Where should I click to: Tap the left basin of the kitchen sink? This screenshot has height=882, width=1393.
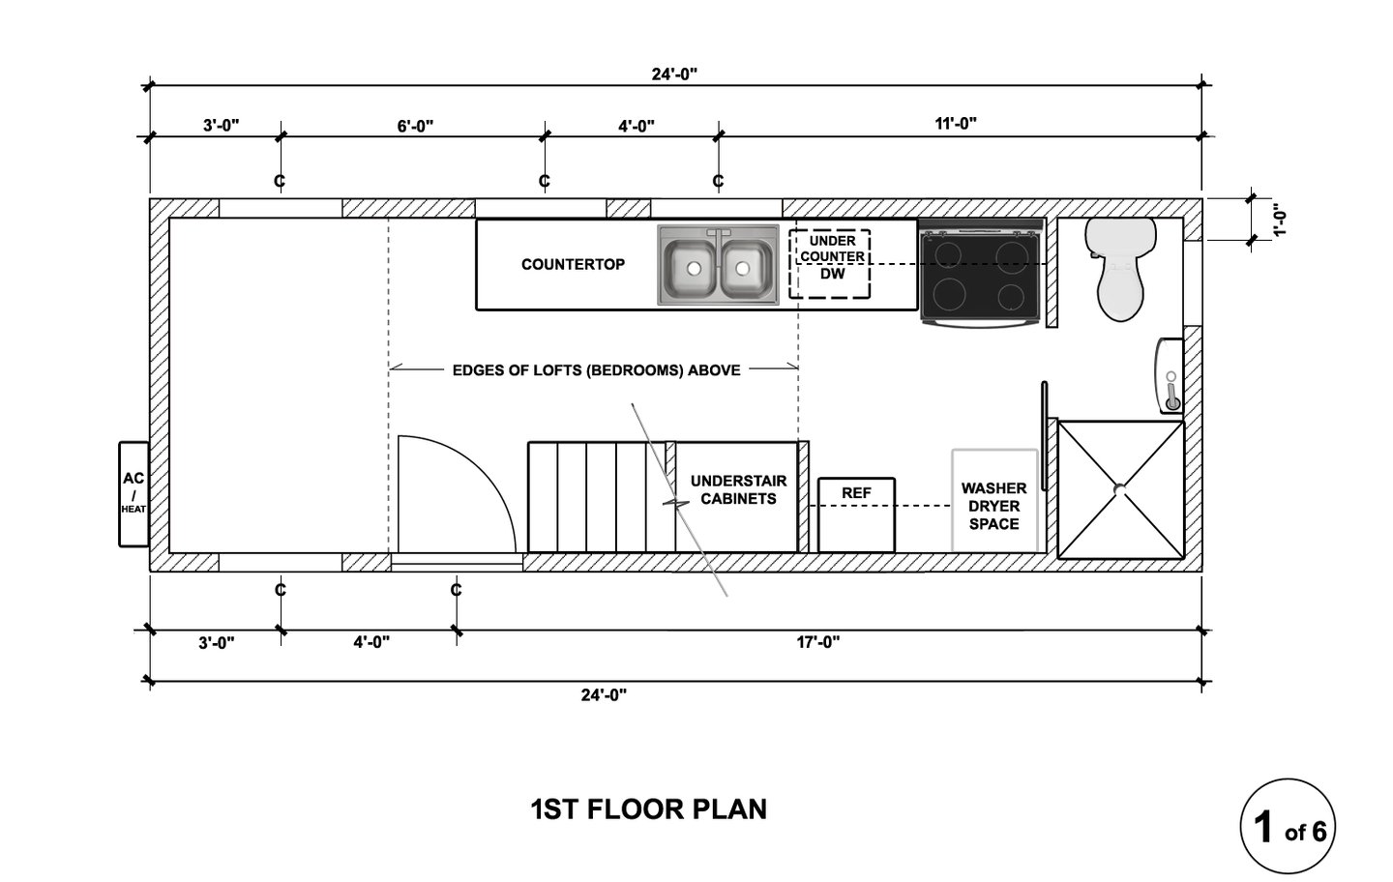point(691,269)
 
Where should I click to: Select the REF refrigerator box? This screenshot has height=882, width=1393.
point(856,514)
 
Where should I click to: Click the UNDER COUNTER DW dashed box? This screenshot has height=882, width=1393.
point(830,264)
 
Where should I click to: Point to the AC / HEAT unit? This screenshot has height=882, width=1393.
point(133,494)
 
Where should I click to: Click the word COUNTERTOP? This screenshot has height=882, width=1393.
point(573,265)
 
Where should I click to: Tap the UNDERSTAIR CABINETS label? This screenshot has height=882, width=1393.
point(738,489)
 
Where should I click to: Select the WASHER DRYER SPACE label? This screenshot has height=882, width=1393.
point(993,506)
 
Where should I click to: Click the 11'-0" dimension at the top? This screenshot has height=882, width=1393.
point(956,124)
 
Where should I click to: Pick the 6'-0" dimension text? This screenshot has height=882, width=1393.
point(415,126)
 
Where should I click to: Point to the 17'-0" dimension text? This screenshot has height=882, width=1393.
point(818,642)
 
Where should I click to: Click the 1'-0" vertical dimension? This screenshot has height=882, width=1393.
point(1279,220)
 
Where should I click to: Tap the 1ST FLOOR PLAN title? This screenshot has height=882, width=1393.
point(648,809)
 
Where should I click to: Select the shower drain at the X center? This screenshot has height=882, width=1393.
point(1120,489)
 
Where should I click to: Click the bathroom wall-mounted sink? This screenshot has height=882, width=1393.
point(1170,376)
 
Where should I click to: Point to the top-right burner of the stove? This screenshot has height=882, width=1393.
point(1012,253)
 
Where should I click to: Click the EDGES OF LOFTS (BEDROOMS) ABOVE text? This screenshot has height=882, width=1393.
point(596,370)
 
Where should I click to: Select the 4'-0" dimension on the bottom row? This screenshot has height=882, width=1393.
point(371,642)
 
